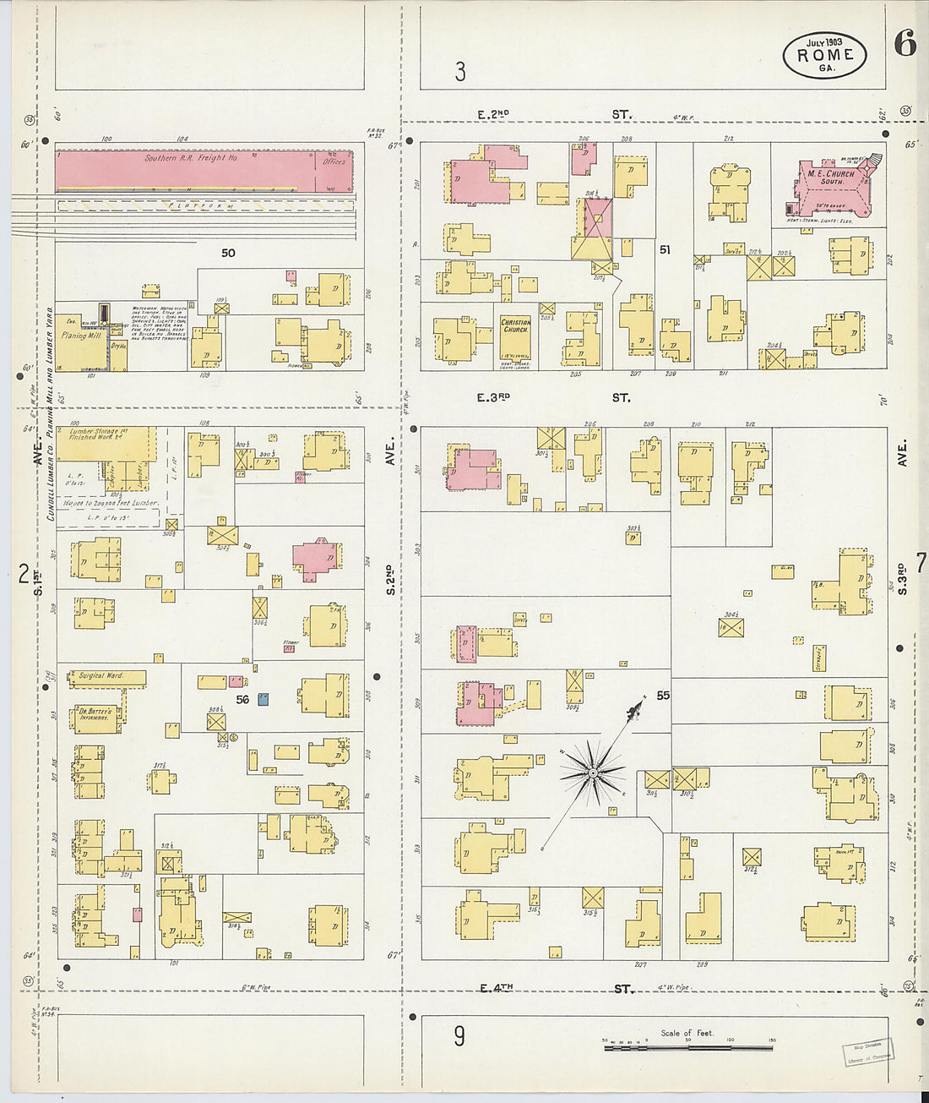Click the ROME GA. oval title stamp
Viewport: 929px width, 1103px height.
click(x=824, y=55)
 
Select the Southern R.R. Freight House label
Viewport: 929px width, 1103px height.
click(x=191, y=158)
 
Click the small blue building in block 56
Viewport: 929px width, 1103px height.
click(x=263, y=699)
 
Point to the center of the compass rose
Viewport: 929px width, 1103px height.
click(x=593, y=773)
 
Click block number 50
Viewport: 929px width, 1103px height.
click(x=228, y=253)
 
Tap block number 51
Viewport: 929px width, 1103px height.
click(x=665, y=249)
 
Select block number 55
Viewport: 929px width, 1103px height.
click(x=663, y=696)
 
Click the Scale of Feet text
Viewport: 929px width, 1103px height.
click(x=687, y=1033)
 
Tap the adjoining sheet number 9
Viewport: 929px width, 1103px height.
click(x=459, y=1035)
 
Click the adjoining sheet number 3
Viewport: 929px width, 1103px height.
click(x=459, y=73)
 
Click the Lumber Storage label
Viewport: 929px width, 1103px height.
click(x=98, y=431)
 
